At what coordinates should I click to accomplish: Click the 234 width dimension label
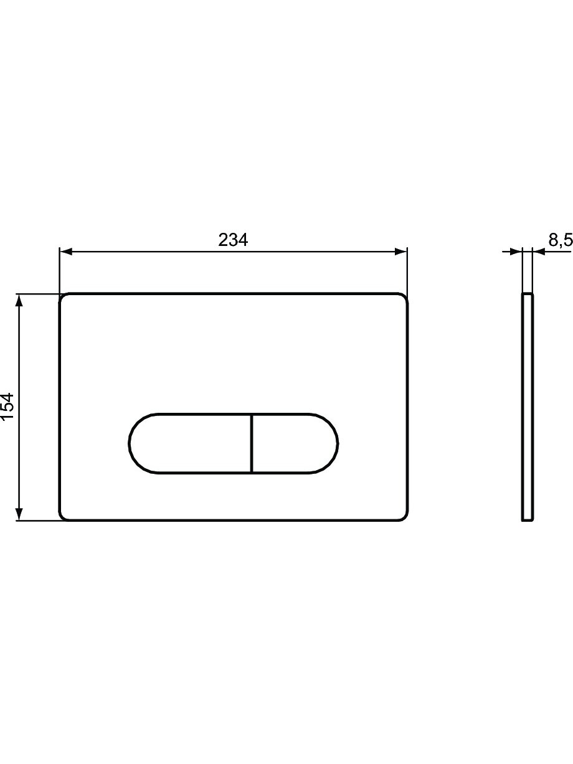coord(233,240)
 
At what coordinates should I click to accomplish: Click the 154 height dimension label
coord(7,407)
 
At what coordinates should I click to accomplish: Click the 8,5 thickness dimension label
coord(561,240)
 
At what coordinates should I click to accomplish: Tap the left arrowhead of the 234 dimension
coord(66,252)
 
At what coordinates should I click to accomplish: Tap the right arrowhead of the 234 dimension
coord(400,252)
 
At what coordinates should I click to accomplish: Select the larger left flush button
coord(190,443)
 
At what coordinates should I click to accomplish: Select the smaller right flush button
coord(295,443)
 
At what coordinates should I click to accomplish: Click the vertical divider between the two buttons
coord(252,443)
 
